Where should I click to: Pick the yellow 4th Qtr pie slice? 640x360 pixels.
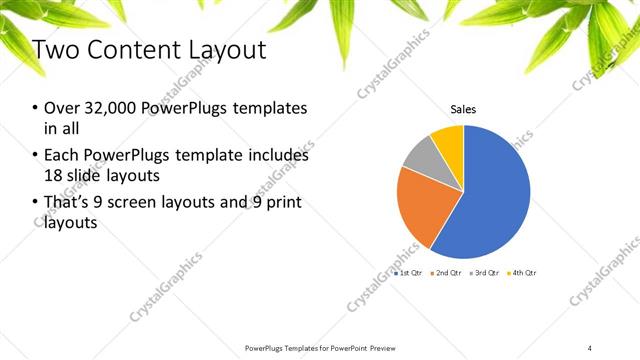(x=449, y=140)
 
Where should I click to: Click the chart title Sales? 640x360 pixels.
(x=463, y=111)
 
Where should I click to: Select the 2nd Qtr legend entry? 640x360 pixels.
(x=446, y=273)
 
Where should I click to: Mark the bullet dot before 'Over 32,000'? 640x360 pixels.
(x=36, y=108)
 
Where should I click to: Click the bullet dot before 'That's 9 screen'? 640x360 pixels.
(x=36, y=204)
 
